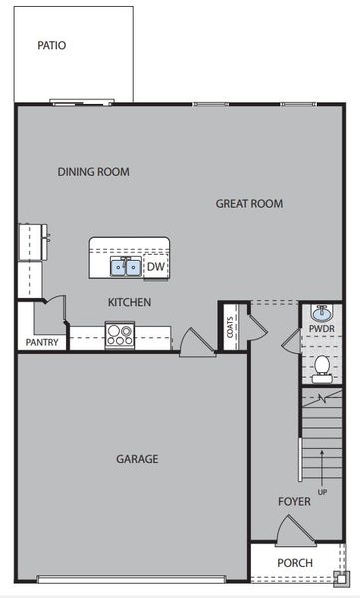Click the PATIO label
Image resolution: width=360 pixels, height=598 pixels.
pyautogui.click(x=51, y=45)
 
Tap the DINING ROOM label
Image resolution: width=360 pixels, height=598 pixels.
pyautogui.click(x=93, y=172)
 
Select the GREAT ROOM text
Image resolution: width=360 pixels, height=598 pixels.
pyautogui.click(x=249, y=204)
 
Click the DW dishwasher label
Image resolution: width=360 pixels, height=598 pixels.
pyautogui.click(x=155, y=266)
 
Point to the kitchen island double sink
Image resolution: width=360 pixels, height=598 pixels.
pyautogui.click(x=126, y=266)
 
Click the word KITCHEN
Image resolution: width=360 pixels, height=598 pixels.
pyautogui.click(x=129, y=302)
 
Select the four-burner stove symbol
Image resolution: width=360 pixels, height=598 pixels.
pyautogui.click(x=119, y=334)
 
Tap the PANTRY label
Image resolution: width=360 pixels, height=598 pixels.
pyautogui.click(x=41, y=343)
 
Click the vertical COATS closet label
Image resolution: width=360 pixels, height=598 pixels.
pyautogui.click(x=230, y=327)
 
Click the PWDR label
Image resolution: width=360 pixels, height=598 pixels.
pyautogui.click(x=321, y=328)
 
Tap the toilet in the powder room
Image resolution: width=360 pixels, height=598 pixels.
pyautogui.click(x=321, y=369)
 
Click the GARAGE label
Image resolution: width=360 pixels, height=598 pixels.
pyautogui.click(x=136, y=459)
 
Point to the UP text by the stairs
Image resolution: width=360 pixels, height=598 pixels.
pyautogui.click(x=320, y=492)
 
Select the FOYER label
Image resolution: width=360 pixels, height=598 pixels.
pyautogui.click(x=294, y=502)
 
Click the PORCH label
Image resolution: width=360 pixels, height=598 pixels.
pyautogui.click(x=294, y=563)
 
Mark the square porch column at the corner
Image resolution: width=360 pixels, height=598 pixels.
pyautogui.click(x=342, y=577)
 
